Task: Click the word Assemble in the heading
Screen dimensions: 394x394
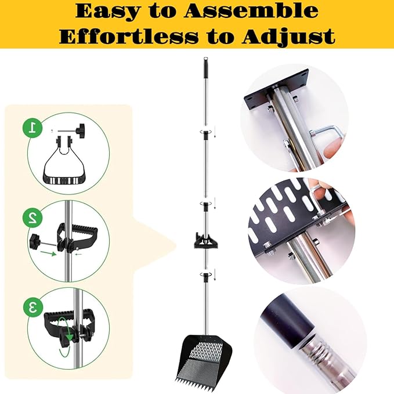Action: tap(251, 11)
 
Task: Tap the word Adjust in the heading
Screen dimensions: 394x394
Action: tap(288, 37)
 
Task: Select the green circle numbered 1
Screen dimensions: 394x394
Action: tap(32, 128)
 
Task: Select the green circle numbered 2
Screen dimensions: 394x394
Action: tap(32, 218)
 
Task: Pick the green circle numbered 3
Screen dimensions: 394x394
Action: tap(33, 307)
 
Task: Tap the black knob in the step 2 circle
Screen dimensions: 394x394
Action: tap(35, 241)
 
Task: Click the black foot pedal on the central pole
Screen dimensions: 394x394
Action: tap(205, 241)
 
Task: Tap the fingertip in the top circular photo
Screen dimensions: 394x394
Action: tap(333, 151)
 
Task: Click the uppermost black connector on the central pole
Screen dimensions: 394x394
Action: tap(205, 135)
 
